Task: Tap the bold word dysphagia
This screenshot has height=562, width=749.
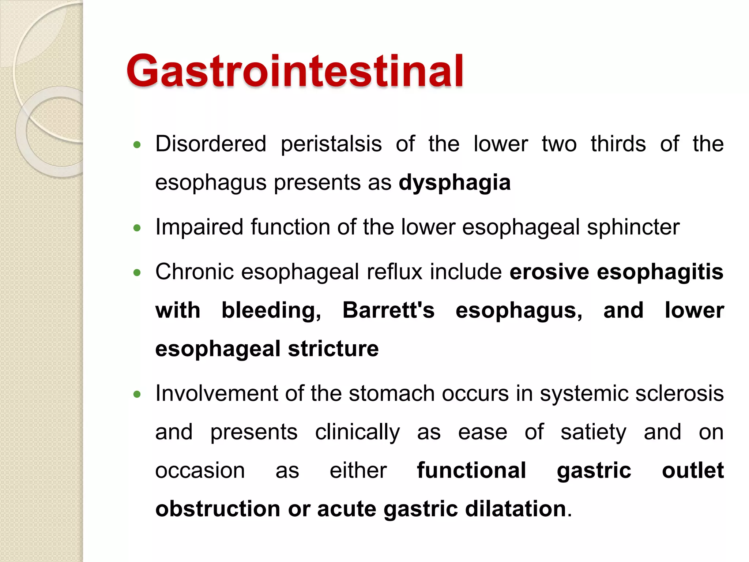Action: point(454,183)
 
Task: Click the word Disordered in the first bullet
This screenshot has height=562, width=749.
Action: point(211,144)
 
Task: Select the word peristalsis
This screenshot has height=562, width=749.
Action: point(331,144)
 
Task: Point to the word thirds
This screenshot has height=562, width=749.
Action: point(618,144)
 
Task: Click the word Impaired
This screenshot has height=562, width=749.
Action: point(199,227)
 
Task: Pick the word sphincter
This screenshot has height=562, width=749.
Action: point(633,227)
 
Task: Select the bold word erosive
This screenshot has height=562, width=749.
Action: point(549,272)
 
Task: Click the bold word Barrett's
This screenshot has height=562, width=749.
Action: point(388,310)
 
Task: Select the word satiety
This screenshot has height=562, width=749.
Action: point(593,432)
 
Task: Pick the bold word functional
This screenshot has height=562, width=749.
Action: point(471,471)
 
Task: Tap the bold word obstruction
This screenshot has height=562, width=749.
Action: point(218,509)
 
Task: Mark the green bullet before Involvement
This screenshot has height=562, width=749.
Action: point(137,394)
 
